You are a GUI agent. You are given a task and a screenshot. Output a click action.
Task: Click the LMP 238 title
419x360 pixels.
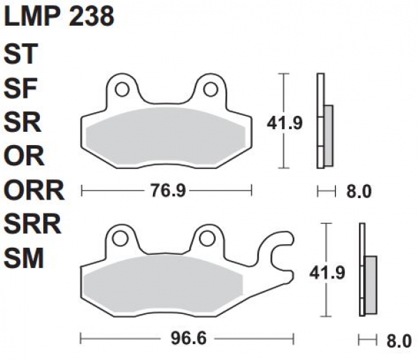coord(59,17)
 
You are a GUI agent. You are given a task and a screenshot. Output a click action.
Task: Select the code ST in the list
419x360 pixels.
coord(24,54)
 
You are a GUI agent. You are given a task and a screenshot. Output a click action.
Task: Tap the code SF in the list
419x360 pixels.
coord(24,88)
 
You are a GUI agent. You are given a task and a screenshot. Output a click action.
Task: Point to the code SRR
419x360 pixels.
coord(35,224)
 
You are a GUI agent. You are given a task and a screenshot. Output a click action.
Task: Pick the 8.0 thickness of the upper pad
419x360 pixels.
coord(358,191)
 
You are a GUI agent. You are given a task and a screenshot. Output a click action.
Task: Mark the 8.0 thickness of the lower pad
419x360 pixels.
coord(398,341)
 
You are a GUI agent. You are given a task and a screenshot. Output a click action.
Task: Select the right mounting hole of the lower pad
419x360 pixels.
coord(205,239)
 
